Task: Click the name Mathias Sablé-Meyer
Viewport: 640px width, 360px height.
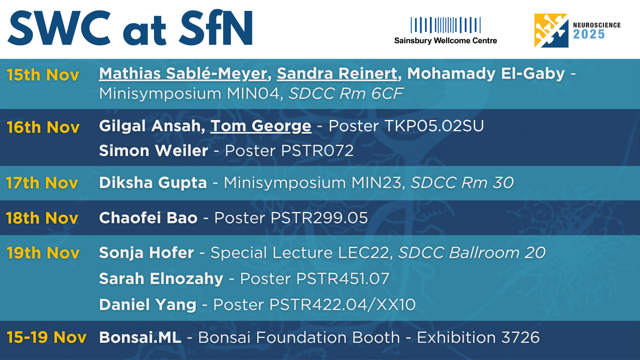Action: coord(183,74)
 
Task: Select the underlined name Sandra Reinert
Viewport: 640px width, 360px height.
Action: coord(337,74)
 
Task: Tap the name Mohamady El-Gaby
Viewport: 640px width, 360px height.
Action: coord(486,74)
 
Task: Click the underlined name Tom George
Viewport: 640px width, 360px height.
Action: coord(261,126)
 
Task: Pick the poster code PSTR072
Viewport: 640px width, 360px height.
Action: coord(318,150)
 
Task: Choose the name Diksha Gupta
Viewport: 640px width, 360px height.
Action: coord(153,183)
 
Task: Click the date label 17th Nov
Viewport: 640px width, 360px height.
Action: coord(42,183)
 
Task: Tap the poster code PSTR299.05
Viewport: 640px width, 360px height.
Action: coord(319,218)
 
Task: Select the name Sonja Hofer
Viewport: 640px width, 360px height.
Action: coord(146,252)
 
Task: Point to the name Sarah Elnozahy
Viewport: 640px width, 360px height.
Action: coord(161,278)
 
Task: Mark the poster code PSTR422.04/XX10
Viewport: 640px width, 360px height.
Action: coord(342,304)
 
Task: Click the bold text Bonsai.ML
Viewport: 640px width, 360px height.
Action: coord(140,337)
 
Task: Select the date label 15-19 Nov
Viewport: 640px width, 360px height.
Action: coord(46,337)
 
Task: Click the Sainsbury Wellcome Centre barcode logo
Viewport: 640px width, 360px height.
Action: coord(446,25)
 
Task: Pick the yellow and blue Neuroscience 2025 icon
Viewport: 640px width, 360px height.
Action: coord(551,30)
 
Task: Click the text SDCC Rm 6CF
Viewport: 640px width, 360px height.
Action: coord(346,94)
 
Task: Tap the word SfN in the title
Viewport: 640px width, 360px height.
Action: coord(216,28)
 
